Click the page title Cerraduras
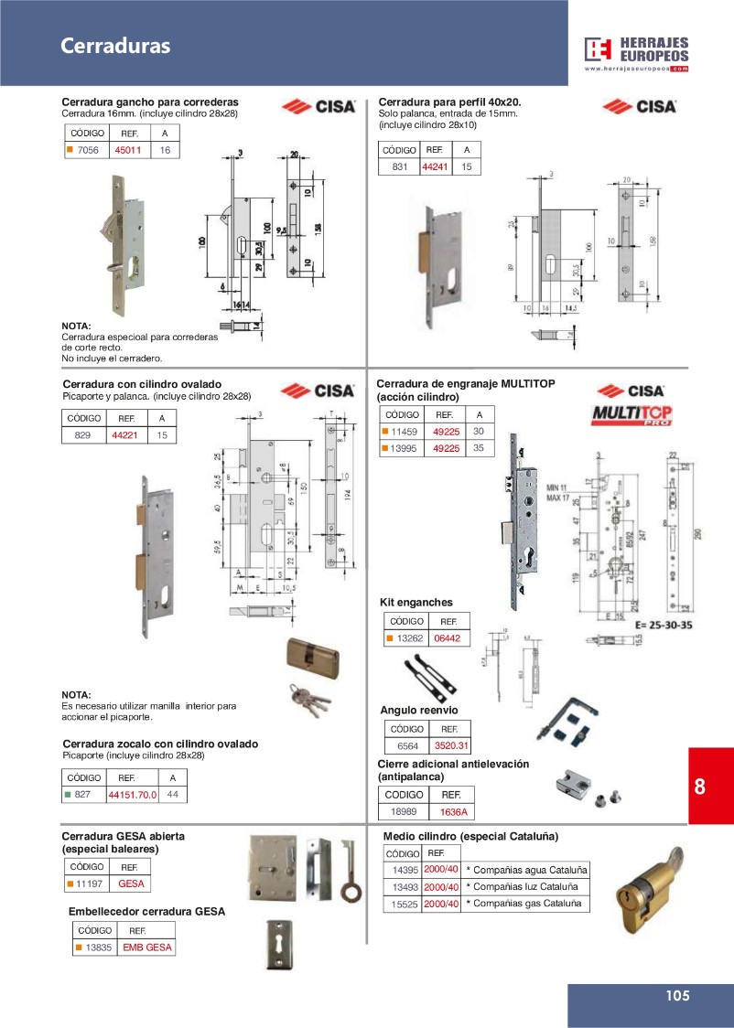tap(115, 47)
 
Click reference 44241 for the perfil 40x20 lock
tap(435, 166)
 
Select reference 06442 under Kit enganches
tap(447, 638)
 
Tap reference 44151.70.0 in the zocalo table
tap(133, 795)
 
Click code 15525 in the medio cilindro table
tap(405, 904)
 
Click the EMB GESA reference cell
tap(146, 948)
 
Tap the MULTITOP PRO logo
tap(631, 414)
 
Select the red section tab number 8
tap(701, 787)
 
